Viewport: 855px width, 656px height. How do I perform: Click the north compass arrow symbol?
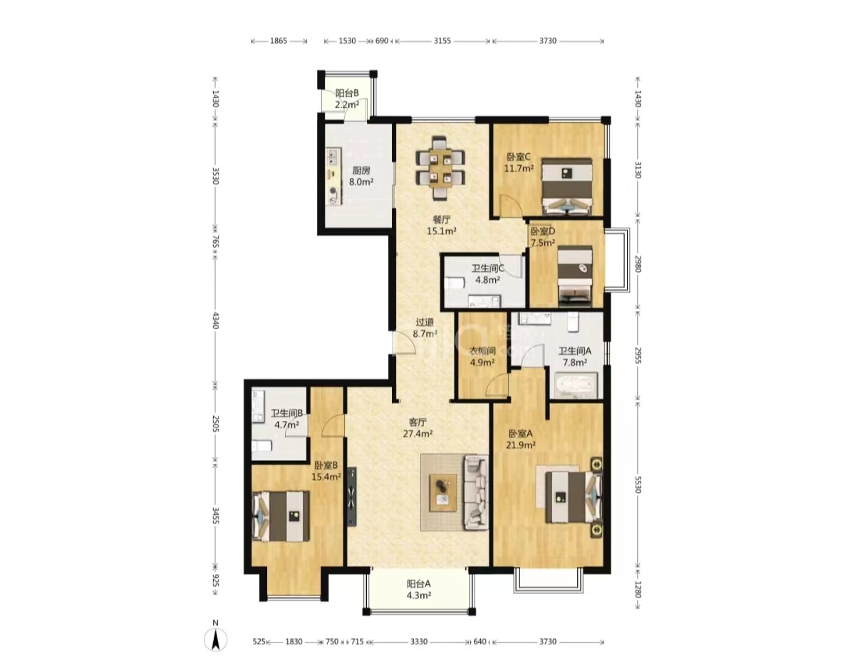(x=215, y=638)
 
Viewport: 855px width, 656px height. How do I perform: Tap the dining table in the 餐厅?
(x=440, y=167)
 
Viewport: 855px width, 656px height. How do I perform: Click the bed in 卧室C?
(x=566, y=186)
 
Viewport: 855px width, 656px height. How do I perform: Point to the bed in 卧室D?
(x=575, y=276)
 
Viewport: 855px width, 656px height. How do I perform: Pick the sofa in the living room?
(x=476, y=492)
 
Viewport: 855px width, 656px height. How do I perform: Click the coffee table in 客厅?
(x=442, y=493)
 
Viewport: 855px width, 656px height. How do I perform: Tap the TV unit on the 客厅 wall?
(x=352, y=496)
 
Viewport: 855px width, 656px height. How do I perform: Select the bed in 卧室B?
(x=281, y=516)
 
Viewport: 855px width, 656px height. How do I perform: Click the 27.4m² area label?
(x=418, y=434)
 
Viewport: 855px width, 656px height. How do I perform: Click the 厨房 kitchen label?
(x=361, y=171)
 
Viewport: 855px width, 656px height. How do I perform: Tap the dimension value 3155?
(x=442, y=41)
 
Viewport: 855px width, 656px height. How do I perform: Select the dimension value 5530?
(x=638, y=484)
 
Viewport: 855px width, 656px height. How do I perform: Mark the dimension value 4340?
(x=215, y=320)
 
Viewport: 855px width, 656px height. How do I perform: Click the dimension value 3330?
(x=419, y=642)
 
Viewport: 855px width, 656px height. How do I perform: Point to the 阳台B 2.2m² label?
(x=347, y=99)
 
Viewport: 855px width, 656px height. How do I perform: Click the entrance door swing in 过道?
(x=404, y=343)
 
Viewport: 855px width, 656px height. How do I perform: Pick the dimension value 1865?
(x=279, y=41)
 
